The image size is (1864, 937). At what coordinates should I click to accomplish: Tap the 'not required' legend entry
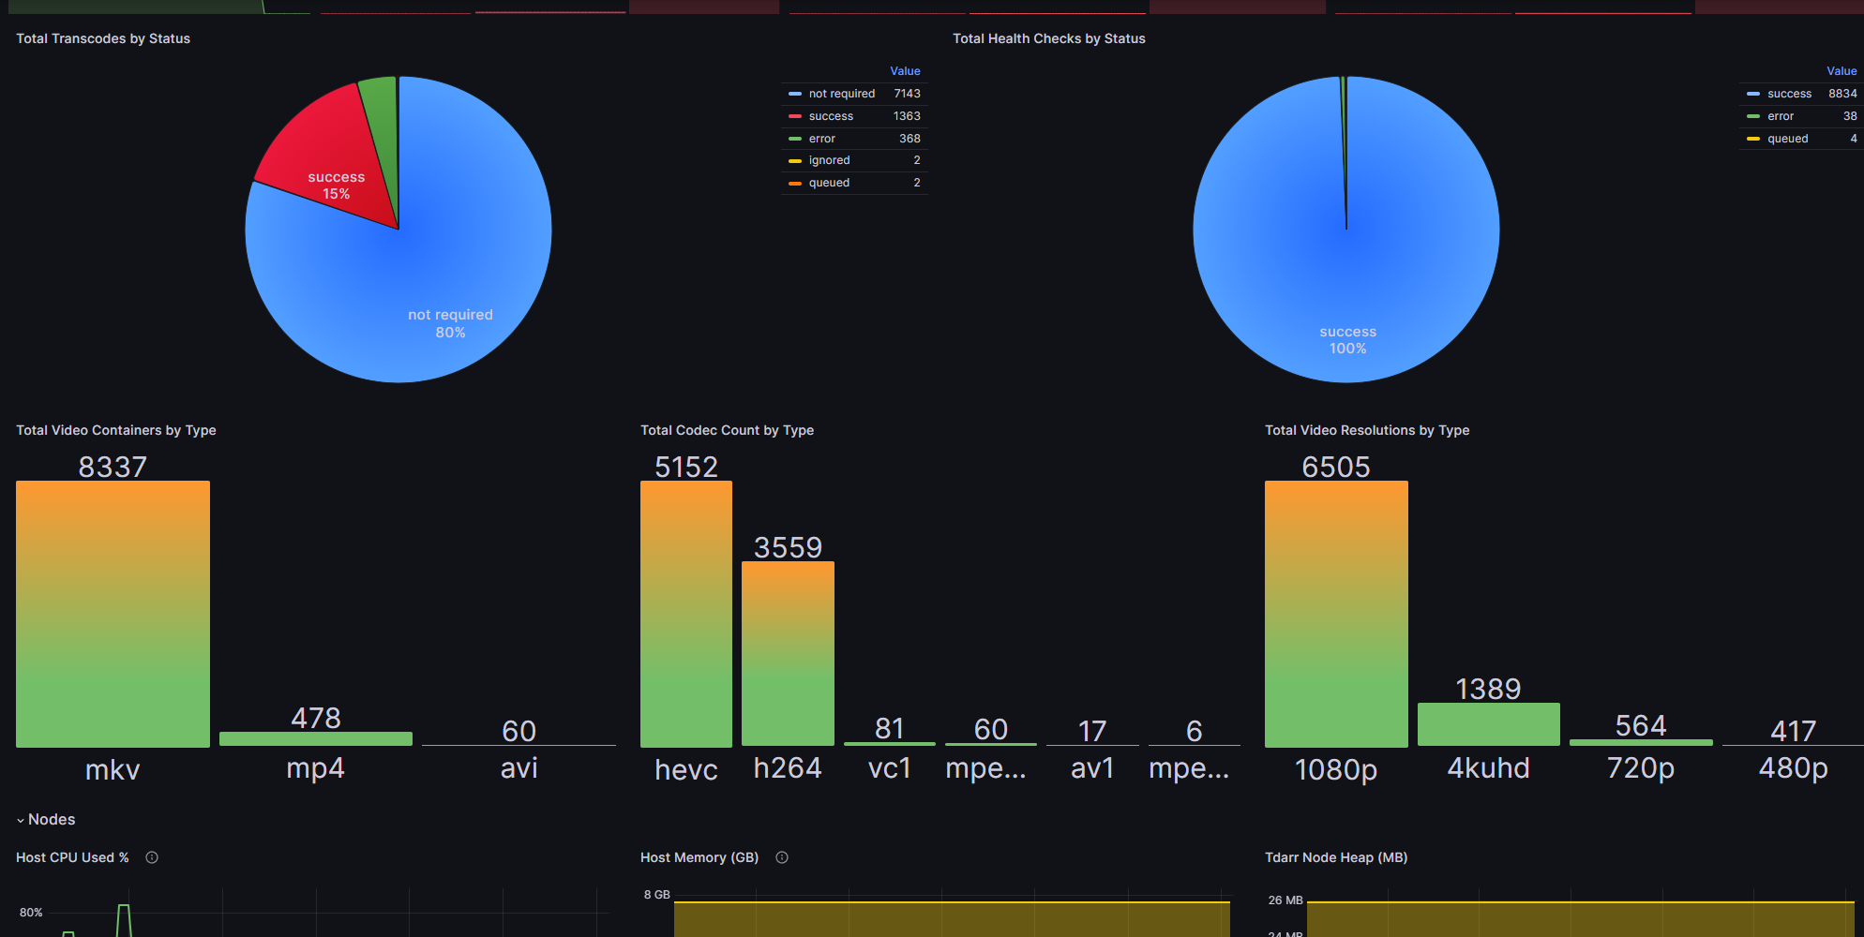[841, 94]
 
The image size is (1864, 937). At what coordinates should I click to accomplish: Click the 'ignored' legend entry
[829, 160]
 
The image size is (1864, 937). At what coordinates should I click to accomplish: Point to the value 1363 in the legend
[907, 116]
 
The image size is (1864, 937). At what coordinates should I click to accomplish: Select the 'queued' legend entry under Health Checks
[1787, 139]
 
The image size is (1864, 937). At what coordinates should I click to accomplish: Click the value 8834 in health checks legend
[1841, 94]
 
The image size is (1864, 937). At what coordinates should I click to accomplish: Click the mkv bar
[113, 614]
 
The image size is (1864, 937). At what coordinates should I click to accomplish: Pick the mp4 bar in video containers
[316, 738]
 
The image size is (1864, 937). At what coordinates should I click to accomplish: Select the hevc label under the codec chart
[685, 769]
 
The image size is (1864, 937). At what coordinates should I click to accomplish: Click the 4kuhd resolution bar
[1488, 724]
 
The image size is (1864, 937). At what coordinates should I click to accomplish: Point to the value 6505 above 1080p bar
[1335, 467]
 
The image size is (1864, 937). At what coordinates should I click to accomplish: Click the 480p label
[1793, 768]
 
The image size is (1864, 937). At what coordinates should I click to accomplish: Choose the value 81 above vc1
[889, 728]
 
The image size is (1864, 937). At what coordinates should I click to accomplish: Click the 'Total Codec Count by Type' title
[727, 430]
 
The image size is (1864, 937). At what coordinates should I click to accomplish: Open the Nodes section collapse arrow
[21, 820]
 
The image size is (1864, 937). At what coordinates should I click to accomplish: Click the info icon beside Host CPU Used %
[152, 857]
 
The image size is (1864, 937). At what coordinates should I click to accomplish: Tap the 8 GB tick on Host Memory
[656, 895]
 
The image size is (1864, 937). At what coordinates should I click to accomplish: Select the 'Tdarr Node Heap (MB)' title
[1335, 857]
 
